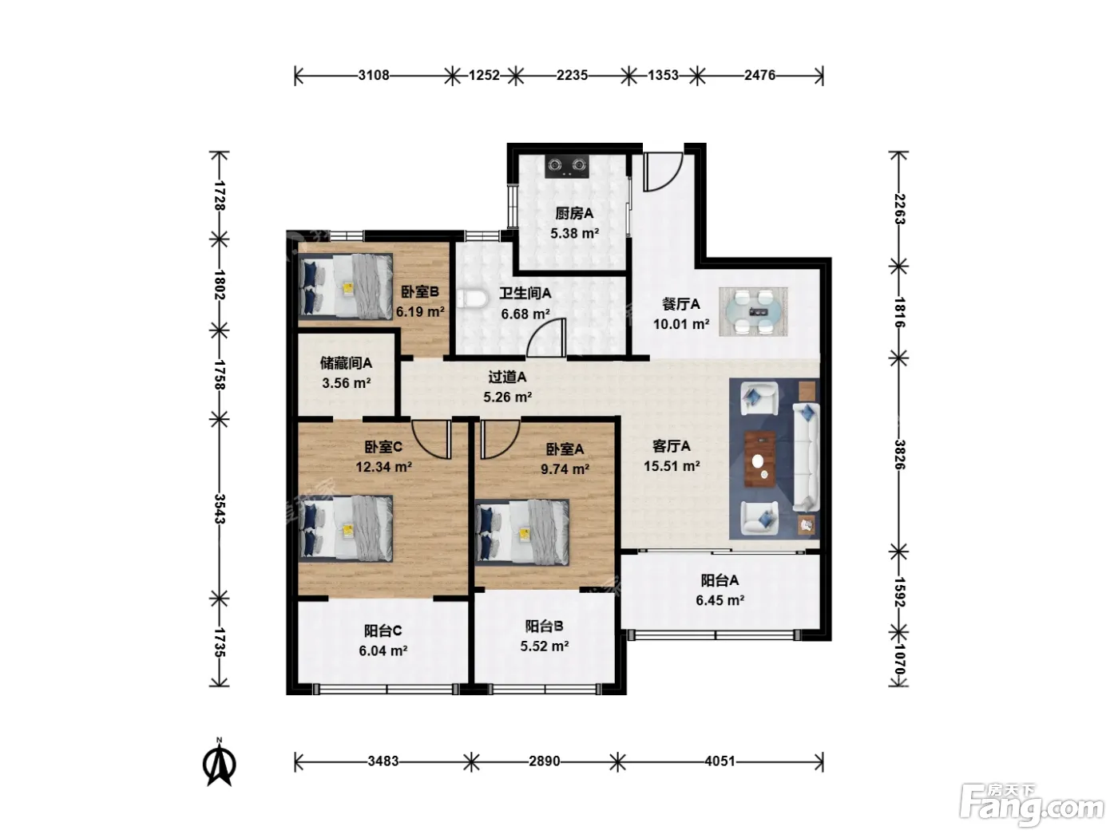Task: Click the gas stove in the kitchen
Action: [567, 166]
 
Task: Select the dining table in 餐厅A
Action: [753, 311]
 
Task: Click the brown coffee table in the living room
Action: [760, 459]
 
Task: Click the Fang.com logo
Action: [1031, 806]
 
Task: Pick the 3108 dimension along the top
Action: [374, 75]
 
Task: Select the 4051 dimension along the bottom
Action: [720, 761]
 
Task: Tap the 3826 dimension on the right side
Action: [899, 455]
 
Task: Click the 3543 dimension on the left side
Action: [220, 508]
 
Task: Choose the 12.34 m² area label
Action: [383, 467]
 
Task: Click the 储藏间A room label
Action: [346, 363]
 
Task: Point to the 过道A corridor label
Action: [507, 377]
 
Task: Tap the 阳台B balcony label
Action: [544, 626]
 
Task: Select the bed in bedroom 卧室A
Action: [522, 532]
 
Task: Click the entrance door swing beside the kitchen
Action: [663, 172]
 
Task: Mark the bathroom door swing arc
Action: [546, 337]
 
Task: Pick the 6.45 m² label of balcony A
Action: [720, 600]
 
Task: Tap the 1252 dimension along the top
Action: [484, 75]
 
